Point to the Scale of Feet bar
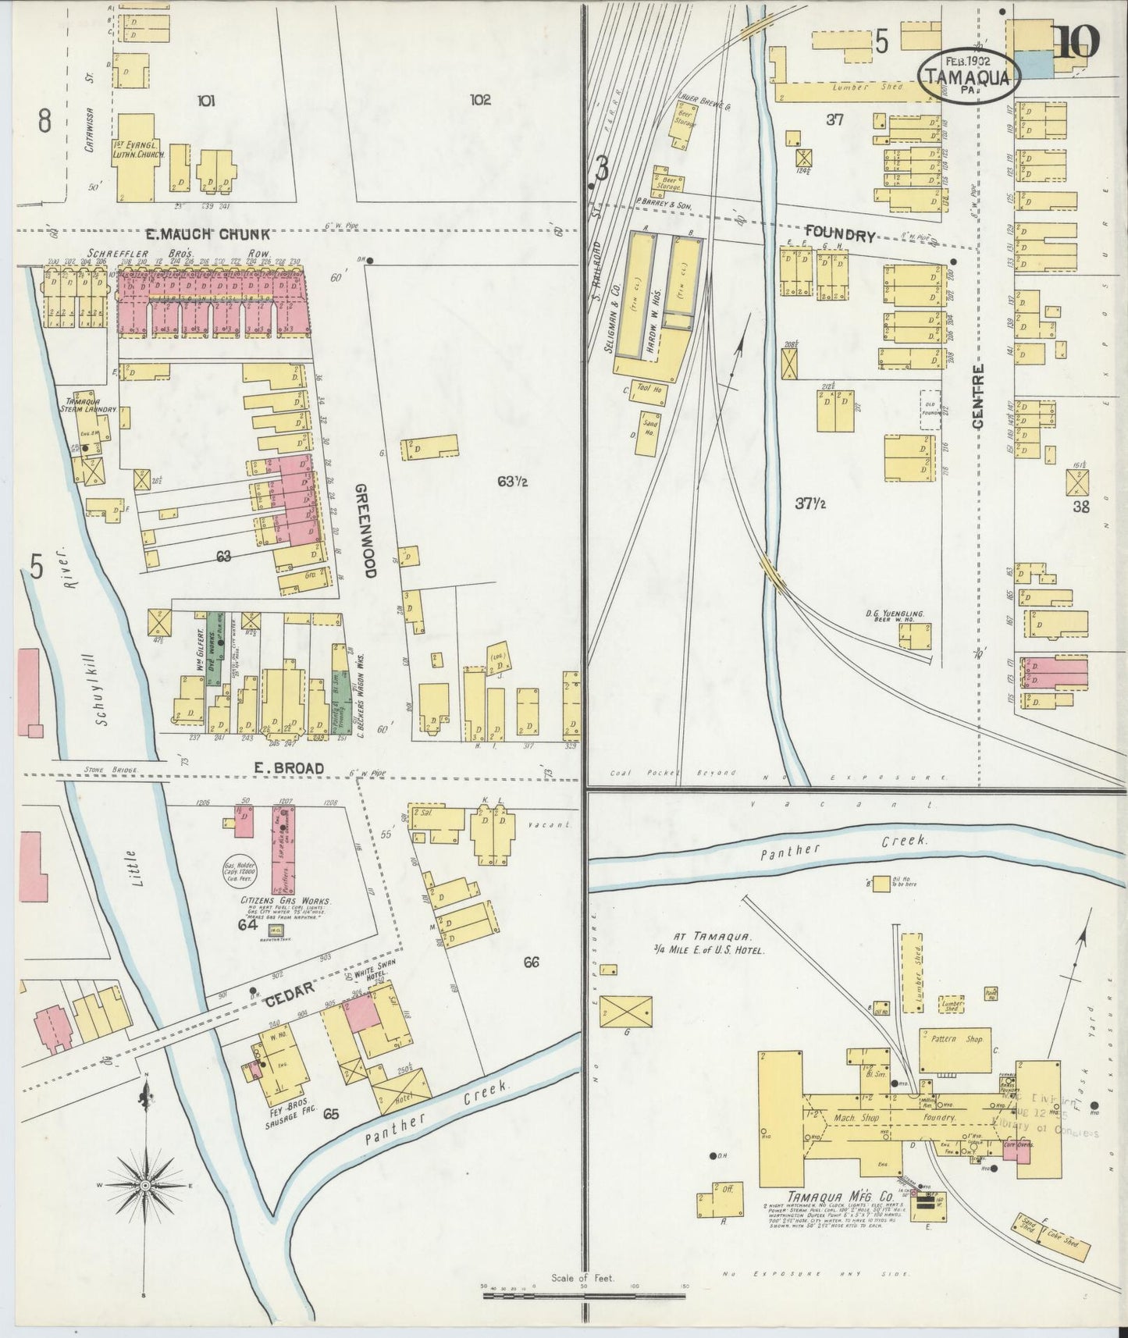(x=583, y=1295)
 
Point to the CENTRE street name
(x=978, y=396)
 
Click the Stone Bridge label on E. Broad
(x=110, y=770)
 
